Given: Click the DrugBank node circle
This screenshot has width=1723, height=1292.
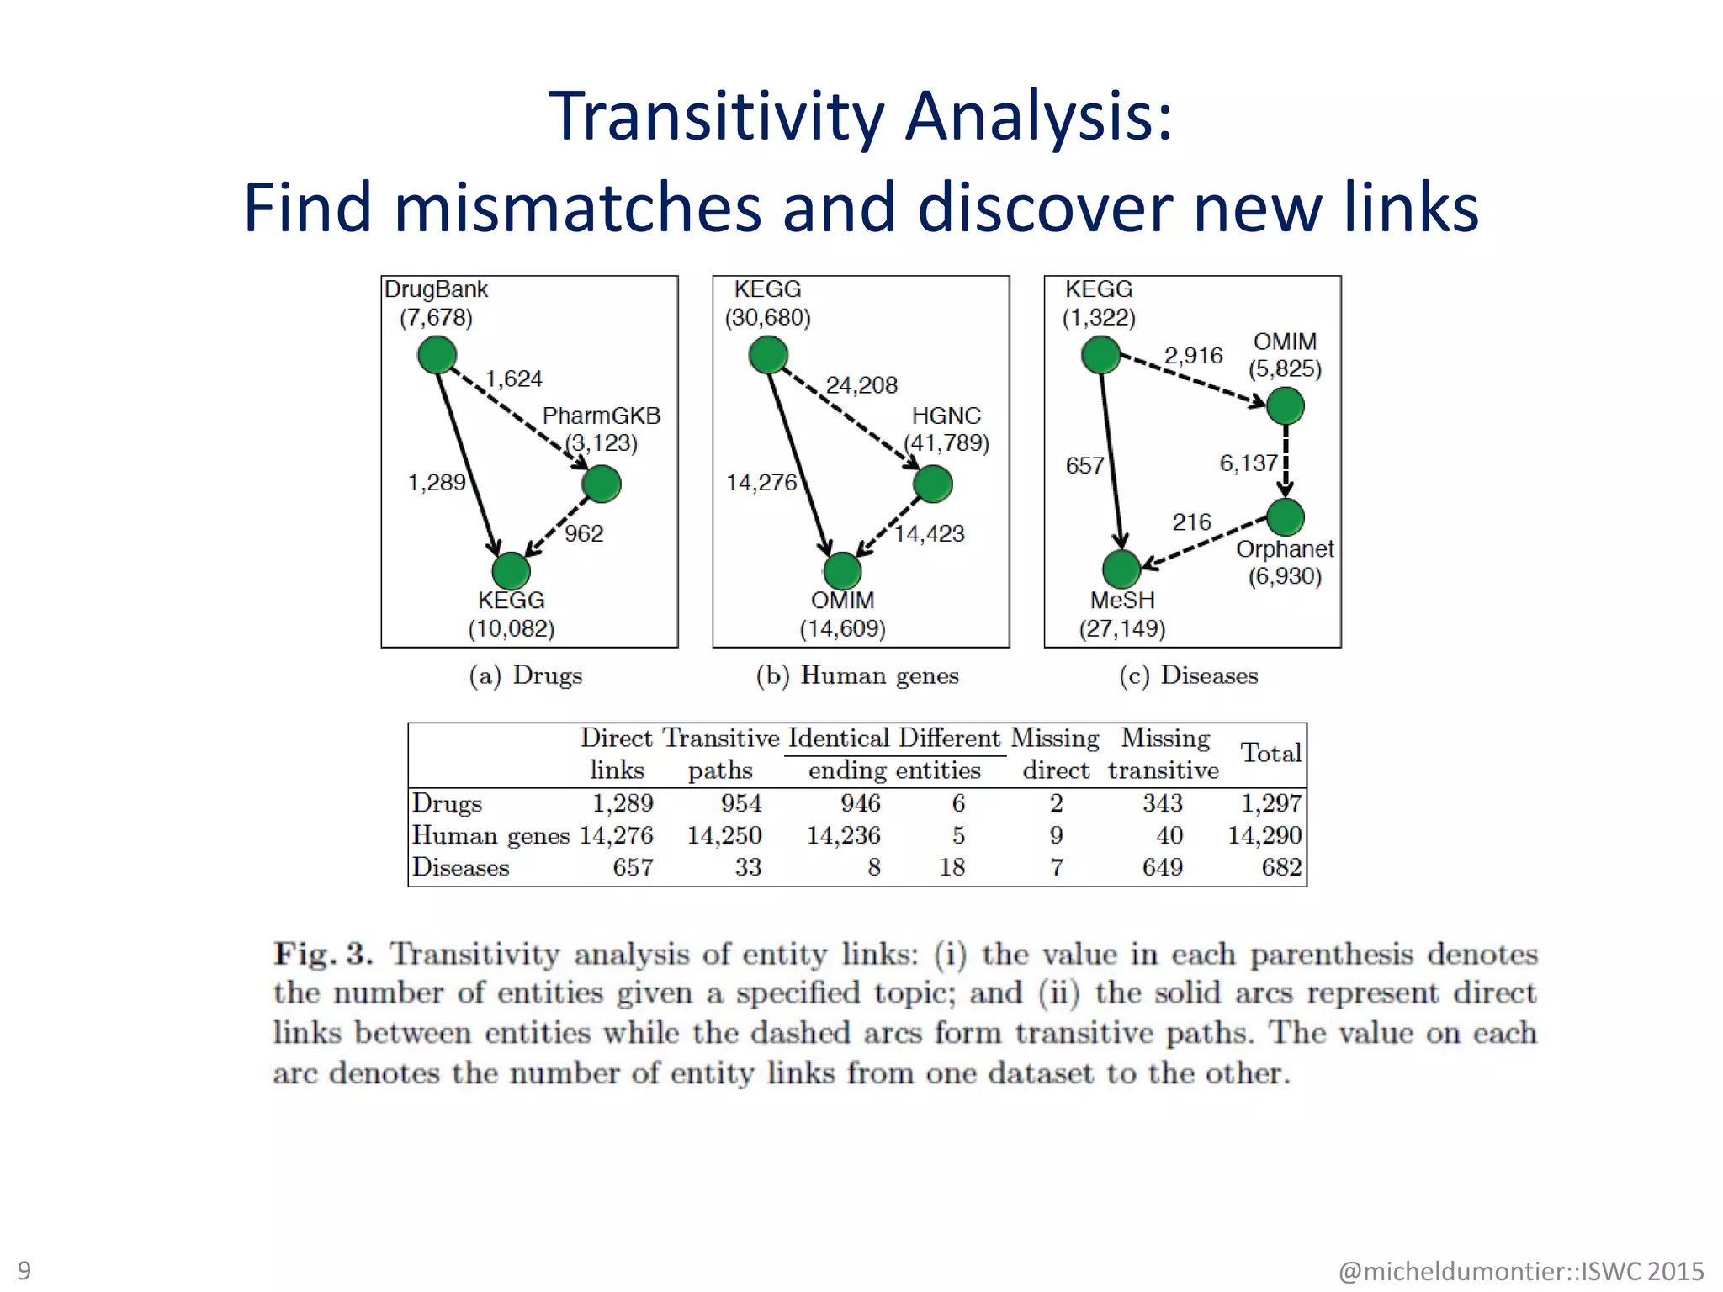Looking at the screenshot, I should pyautogui.click(x=437, y=355).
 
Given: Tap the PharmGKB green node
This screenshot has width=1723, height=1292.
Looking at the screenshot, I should pyautogui.click(x=601, y=484).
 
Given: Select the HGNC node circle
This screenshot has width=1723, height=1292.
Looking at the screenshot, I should pyautogui.click(x=932, y=484).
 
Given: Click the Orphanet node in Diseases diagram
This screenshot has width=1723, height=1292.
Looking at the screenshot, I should pyautogui.click(x=1285, y=517).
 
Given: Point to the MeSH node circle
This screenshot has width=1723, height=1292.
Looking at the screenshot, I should pyautogui.click(x=1121, y=569).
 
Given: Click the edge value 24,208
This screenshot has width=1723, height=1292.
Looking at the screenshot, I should pyautogui.click(x=861, y=385).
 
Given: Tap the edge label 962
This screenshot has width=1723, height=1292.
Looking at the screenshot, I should pyautogui.click(x=584, y=533).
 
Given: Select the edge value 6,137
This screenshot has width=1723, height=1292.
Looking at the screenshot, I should pyautogui.click(x=1249, y=463).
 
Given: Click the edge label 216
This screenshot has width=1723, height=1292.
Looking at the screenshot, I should pyautogui.click(x=1191, y=522).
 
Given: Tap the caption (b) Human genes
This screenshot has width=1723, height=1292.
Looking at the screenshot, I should pyautogui.click(x=857, y=675).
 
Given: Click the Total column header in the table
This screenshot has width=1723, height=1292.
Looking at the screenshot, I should pyautogui.click(x=1270, y=753).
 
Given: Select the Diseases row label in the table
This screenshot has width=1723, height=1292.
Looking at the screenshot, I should pyautogui.click(x=460, y=867).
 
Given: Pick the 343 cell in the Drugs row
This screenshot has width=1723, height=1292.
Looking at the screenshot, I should pyautogui.click(x=1162, y=803).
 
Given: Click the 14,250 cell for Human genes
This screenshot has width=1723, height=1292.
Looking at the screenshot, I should pyautogui.click(x=724, y=835).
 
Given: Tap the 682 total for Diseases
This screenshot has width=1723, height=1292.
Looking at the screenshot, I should pyautogui.click(x=1280, y=867).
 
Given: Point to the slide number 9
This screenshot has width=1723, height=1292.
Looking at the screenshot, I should pyautogui.click(x=24, y=1270).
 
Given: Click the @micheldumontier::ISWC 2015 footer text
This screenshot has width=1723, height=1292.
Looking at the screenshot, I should pyautogui.click(x=1520, y=1270).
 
